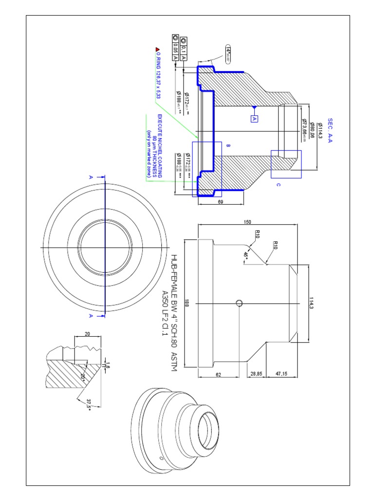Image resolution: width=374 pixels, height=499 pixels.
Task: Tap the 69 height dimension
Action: click(221, 201)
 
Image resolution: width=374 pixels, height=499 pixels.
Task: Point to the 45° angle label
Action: click(245, 256)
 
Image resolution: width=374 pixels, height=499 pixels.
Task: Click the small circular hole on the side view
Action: click(239, 303)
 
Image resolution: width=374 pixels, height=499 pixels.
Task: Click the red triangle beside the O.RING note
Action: click(157, 49)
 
